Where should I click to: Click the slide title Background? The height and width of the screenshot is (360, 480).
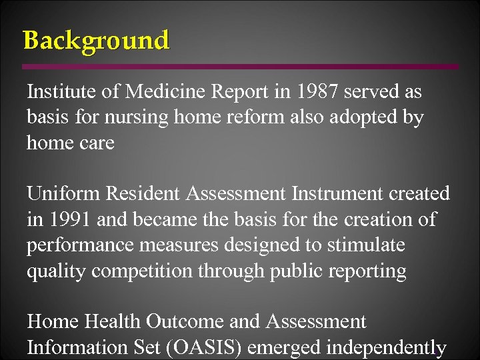(96, 41)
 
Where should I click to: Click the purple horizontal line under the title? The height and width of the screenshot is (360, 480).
(240, 67)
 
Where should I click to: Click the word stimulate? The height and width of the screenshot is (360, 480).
(365, 245)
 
